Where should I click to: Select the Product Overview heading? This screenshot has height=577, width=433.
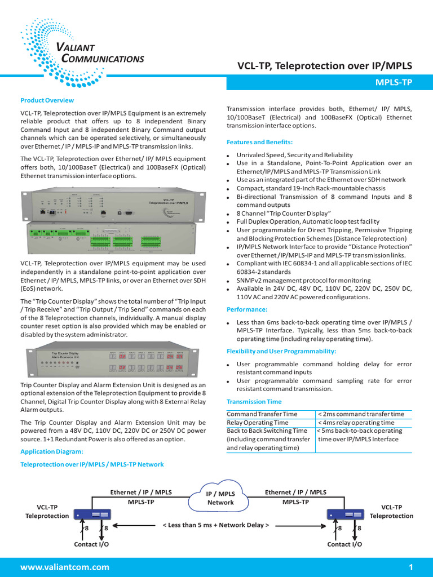(47, 100)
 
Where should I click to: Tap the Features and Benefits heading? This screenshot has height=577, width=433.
(259, 142)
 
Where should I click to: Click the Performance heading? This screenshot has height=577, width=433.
(247, 309)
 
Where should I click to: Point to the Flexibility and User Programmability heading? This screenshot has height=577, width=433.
(281, 351)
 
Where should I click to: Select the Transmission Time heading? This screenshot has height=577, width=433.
(254, 402)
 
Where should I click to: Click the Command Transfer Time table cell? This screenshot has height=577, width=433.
(262, 414)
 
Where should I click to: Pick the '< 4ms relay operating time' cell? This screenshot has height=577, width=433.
(356, 423)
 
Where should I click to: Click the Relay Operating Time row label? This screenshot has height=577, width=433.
(258, 423)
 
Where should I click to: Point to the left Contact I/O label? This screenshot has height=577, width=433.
(91, 545)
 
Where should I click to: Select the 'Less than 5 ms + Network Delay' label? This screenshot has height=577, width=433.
(215, 525)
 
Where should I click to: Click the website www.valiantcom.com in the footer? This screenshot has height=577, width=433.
(65, 567)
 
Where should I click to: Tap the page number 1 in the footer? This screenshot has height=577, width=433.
(411, 567)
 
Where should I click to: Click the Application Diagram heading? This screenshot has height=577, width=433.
(52, 451)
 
